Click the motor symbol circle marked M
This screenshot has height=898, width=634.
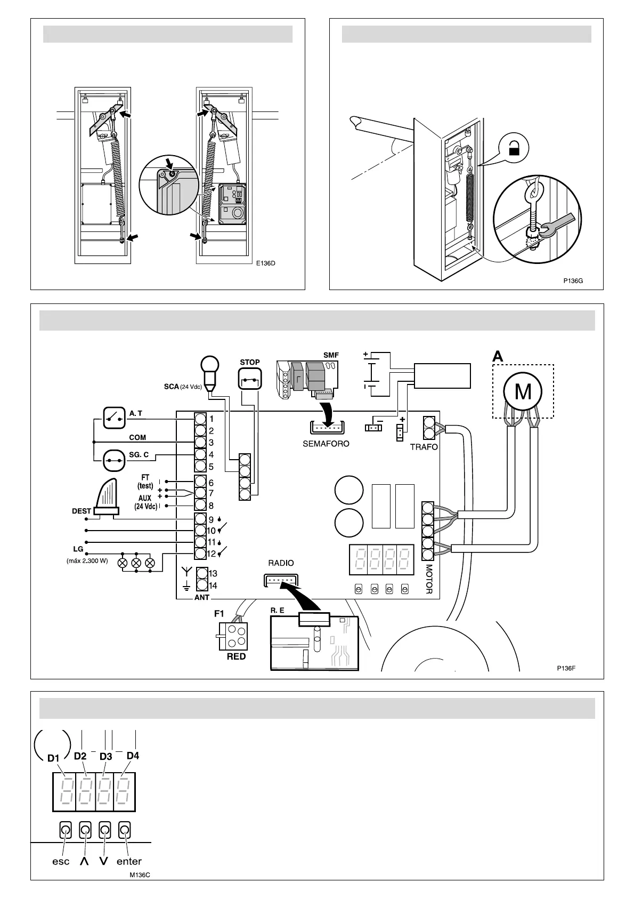click(523, 391)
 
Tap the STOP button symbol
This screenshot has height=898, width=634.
click(249, 381)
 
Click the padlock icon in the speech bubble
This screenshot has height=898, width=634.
click(514, 148)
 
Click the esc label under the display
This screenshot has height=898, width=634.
click(61, 861)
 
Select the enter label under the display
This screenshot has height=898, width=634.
click(129, 861)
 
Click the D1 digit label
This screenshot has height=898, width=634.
click(53, 758)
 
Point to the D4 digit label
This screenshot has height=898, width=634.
click(133, 756)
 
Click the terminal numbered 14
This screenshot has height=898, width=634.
click(201, 586)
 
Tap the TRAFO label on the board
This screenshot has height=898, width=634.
click(424, 447)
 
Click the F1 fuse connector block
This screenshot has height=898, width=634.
click(233, 636)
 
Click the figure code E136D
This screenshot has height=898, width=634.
click(265, 263)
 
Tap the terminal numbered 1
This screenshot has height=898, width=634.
click(200, 419)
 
